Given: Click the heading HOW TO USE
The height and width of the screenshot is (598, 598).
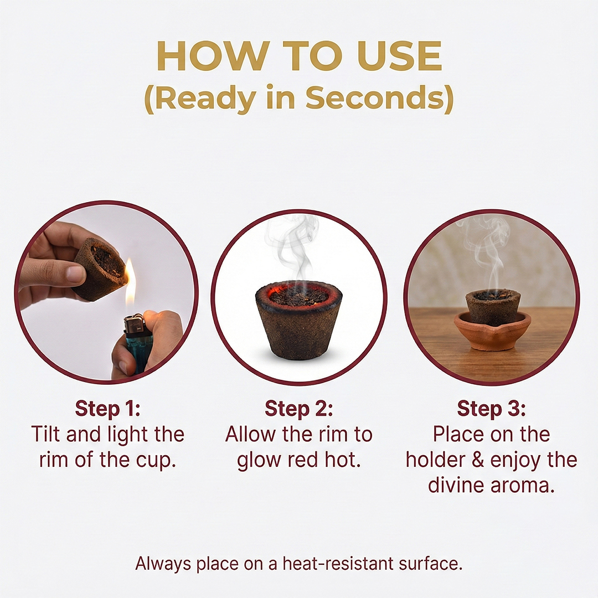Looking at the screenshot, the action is pyautogui.click(x=299, y=56).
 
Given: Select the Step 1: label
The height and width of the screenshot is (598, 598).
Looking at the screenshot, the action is pyautogui.click(x=107, y=409).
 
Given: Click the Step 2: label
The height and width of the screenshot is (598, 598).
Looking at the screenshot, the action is pyautogui.click(x=298, y=409).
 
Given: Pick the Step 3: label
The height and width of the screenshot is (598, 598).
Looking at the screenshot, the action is pyautogui.click(x=491, y=409).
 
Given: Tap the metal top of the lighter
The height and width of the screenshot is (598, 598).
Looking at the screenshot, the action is pyautogui.click(x=134, y=323).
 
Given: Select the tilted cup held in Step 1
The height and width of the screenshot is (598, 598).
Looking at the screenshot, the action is pyautogui.click(x=100, y=269).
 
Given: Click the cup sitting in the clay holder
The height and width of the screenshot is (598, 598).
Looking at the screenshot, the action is pyautogui.click(x=493, y=307).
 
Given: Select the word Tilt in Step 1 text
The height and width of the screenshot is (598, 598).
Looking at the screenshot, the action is pyautogui.click(x=46, y=435).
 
